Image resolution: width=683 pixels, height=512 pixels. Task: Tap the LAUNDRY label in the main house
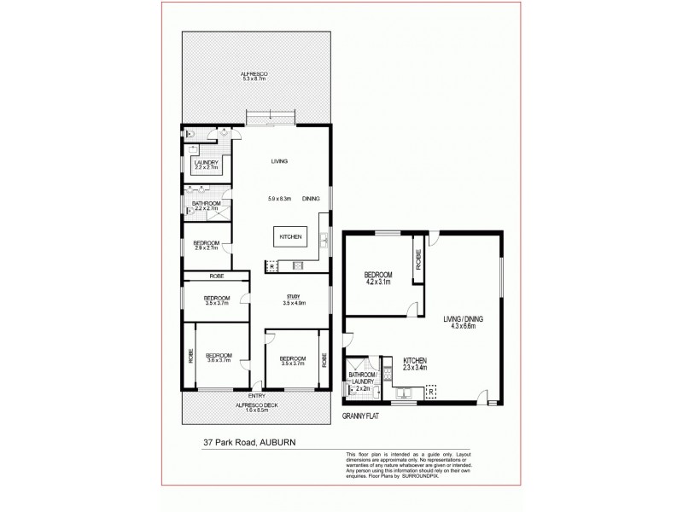tap(207, 165)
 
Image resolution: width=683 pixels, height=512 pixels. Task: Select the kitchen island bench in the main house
tap(289, 237)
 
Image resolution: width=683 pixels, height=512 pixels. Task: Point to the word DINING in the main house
tap(311, 199)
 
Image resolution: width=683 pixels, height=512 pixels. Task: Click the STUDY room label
tap(293, 296)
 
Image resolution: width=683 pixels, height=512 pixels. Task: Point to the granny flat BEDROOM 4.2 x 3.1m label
tap(379, 278)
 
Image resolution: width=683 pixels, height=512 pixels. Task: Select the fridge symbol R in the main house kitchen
tap(271, 267)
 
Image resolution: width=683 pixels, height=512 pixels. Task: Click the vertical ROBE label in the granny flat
tap(418, 259)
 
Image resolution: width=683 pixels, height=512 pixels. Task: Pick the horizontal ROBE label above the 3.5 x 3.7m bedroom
tap(217, 276)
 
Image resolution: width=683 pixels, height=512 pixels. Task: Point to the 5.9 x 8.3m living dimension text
tap(280, 199)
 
